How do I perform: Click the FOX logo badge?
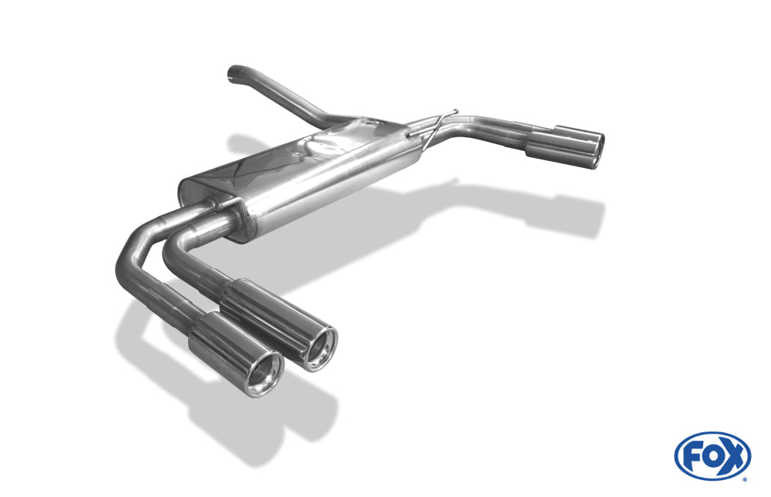(712, 455)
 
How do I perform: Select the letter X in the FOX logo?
(732, 456)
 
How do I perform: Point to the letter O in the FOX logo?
(711, 457)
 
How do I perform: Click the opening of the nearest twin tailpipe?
(264, 374)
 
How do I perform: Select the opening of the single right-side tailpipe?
(596, 151)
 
